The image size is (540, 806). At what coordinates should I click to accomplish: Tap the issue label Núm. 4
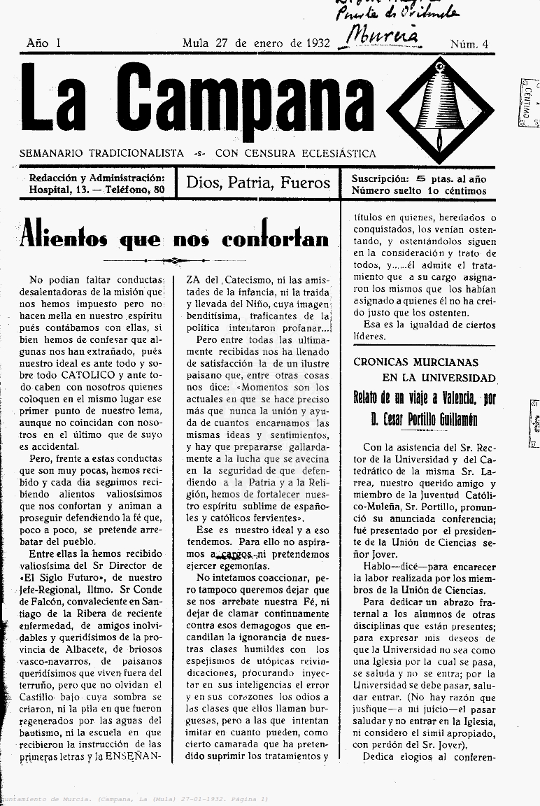pyautogui.click(x=469, y=44)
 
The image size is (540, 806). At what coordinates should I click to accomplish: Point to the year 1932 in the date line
pyautogui.click(x=318, y=43)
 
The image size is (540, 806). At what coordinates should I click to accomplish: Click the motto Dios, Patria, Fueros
pyautogui.click(x=258, y=183)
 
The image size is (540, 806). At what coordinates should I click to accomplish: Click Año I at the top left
pyautogui.click(x=43, y=43)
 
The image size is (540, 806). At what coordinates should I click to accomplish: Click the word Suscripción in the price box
pyautogui.click(x=380, y=178)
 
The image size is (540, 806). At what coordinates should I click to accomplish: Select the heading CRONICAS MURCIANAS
pyautogui.click(x=415, y=362)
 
